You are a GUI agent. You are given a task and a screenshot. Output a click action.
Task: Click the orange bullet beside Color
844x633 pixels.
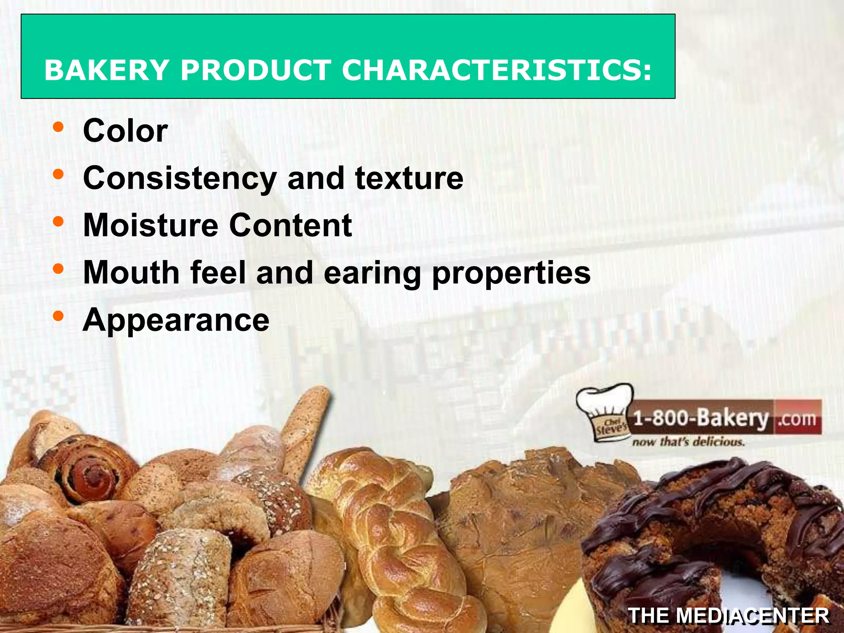59,127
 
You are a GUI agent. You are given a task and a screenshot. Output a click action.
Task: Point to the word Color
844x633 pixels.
125,131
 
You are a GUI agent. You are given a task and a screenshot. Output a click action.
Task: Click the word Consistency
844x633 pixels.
180,178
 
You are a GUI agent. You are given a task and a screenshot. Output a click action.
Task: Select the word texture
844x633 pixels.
409,178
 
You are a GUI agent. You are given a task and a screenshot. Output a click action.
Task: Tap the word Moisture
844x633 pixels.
150,225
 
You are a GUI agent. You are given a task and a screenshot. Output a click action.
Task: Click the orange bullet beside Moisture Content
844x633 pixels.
59,222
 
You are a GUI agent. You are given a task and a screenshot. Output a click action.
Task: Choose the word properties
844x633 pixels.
511,273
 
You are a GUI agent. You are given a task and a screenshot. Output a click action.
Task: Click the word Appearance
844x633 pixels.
176,320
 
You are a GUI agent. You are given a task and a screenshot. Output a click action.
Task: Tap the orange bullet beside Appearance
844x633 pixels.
59,316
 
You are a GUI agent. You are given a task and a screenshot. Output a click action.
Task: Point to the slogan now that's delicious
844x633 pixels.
688,442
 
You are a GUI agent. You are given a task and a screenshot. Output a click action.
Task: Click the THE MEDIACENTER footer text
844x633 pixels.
729,616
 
